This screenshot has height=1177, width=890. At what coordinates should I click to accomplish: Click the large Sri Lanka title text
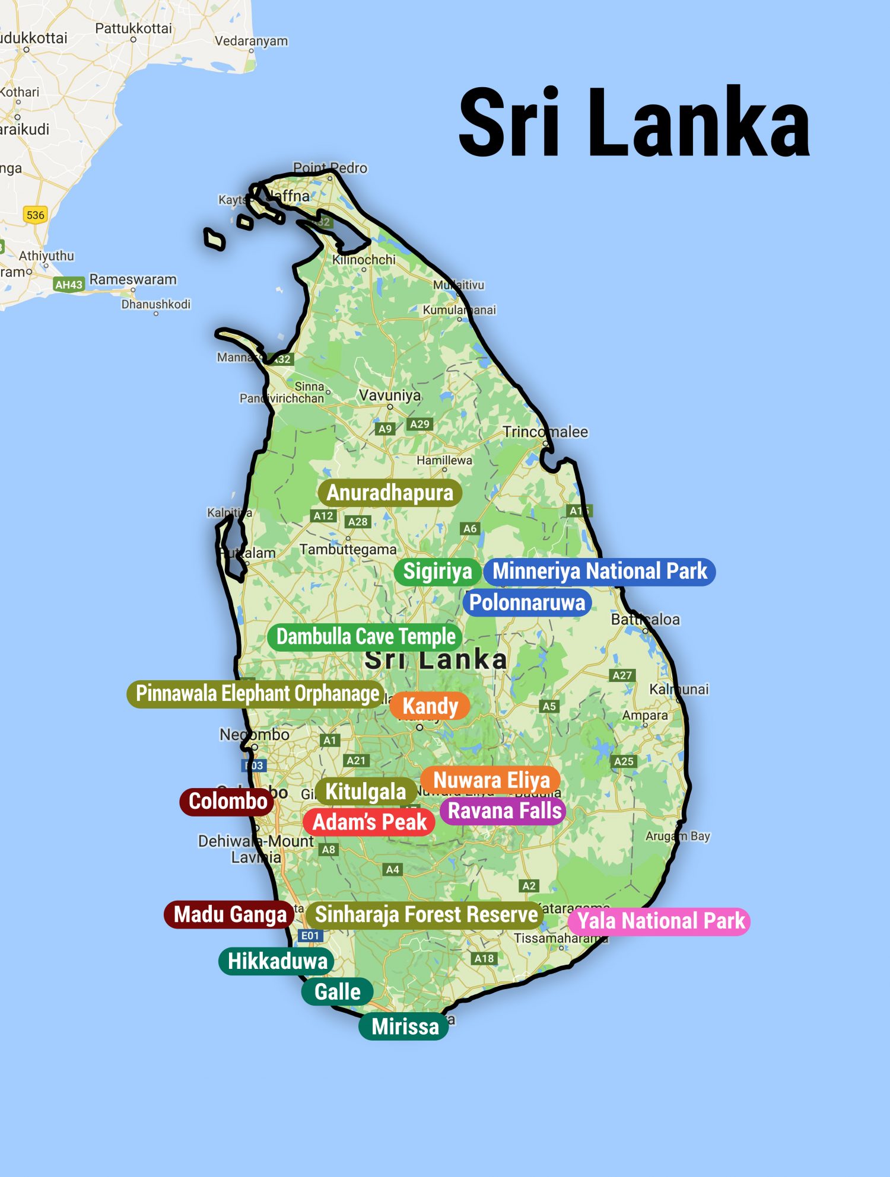(634, 123)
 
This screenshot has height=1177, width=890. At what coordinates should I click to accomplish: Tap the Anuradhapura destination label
(390, 493)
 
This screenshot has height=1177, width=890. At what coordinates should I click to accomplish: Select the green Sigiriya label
(437, 572)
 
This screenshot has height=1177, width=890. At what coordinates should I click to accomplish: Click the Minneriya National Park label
(599, 572)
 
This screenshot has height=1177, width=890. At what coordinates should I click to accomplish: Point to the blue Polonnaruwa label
(527, 603)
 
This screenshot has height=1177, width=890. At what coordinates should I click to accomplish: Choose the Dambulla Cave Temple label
(365, 637)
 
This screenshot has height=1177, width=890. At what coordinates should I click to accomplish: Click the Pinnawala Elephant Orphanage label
(257, 694)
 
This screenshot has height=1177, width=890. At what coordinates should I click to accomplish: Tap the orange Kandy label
(430, 706)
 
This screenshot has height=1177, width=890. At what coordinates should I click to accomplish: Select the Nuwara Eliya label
(491, 780)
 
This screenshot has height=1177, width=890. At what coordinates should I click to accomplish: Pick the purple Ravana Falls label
(504, 811)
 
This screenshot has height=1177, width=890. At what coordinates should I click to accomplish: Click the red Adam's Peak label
(369, 822)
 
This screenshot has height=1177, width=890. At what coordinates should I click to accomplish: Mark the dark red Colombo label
(227, 802)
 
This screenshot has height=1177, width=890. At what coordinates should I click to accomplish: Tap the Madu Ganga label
(230, 914)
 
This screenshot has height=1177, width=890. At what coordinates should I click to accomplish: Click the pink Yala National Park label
(660, 921)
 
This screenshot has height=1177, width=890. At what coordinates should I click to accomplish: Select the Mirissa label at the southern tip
(405, 1026)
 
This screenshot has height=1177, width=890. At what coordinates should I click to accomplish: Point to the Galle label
(337, 991)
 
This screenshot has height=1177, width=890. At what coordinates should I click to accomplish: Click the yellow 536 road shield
(36, 215)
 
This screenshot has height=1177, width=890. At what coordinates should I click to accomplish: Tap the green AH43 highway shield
(69, 285)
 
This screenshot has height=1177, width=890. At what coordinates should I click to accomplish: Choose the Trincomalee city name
(545, 432)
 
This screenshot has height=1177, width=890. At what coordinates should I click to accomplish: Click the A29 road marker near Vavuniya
(419, 424)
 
